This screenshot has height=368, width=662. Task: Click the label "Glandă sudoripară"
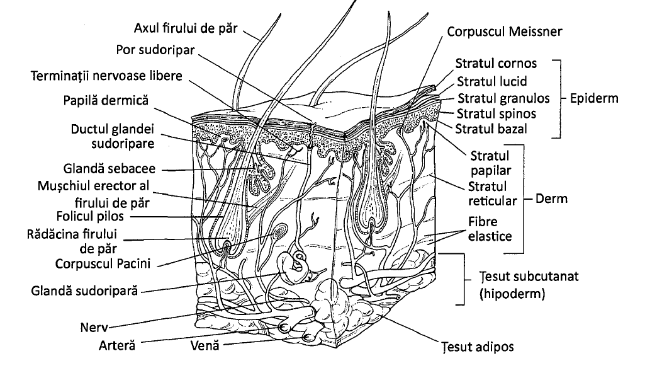[84, 291]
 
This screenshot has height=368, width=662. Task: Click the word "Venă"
[205, 345]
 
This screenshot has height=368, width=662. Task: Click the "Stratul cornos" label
[496, 63]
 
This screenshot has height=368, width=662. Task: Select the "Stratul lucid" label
[491, 81]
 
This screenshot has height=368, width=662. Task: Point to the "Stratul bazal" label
[491, 129]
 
